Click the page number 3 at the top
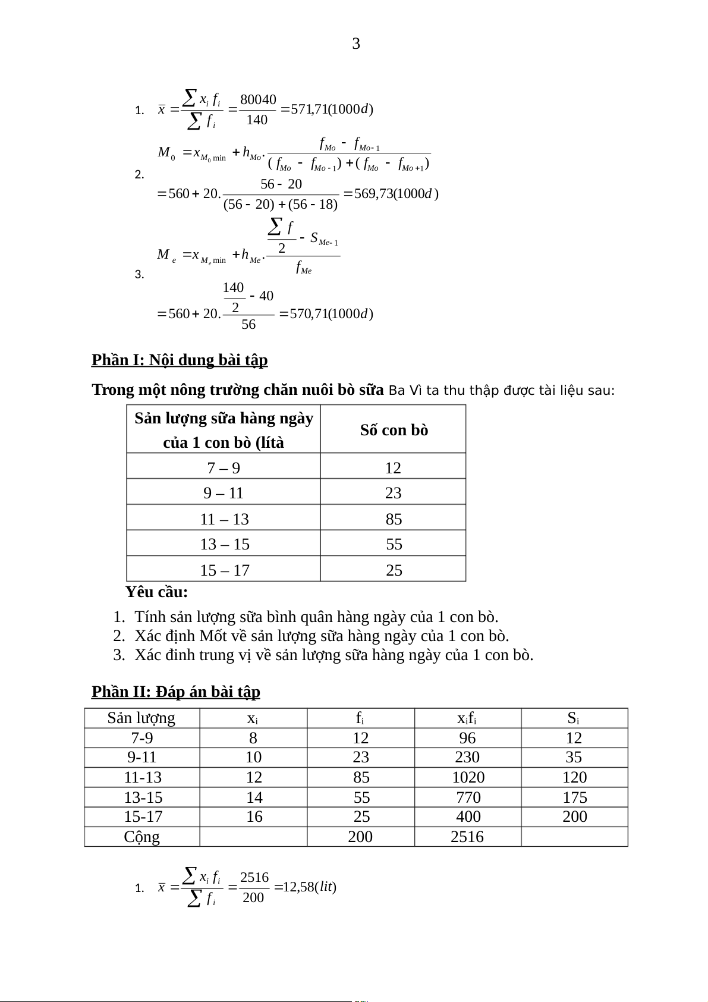(356, 43)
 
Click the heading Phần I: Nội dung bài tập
(180, 360)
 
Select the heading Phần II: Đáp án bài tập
(176, 692)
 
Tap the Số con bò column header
(394, 430)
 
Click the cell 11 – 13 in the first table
(224, 519)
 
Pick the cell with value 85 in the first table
(394, 519)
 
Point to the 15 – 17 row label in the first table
(224, 570)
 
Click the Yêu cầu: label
(156, 592)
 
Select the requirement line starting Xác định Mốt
(322, 636)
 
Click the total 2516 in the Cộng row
(467, 837)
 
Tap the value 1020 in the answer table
(468, 777)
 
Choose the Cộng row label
(141, 837)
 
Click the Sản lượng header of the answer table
(141, 718)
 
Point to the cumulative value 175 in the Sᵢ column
(574, 797)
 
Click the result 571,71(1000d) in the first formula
(332, 109)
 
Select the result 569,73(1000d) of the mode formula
(396, 193)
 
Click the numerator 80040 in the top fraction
(258, 99)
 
